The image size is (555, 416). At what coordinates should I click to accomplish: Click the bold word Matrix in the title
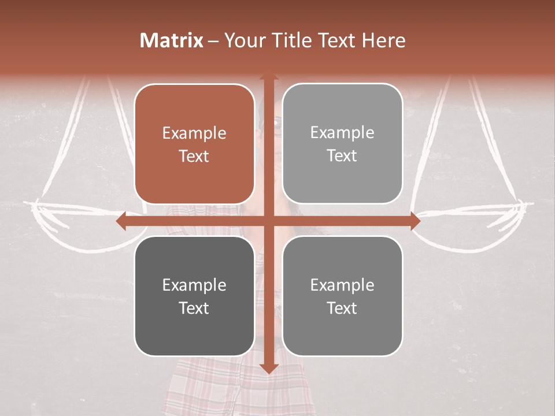(x=172, y=40)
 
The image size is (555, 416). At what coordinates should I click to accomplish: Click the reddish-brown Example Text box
(x=194, y=144)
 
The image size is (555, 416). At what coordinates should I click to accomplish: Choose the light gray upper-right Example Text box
(x=342, y=144)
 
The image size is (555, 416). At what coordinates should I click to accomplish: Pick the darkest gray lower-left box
(x=194, y=296)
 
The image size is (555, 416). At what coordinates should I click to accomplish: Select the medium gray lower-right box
(x=342, y=296)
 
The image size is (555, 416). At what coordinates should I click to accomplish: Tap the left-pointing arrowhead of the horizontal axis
(x=122, y=221)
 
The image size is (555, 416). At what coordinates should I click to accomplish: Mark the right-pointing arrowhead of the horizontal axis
(x=415, y=221)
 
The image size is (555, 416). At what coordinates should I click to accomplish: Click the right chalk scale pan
(x=474, y=222)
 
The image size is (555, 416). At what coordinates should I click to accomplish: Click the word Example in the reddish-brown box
(x=194, y=133)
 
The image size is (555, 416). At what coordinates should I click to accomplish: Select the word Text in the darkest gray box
(x=194, y=308)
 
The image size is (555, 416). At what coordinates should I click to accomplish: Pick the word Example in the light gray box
(x=342, y=132)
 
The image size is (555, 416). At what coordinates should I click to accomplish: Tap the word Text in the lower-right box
(x=342, y=308)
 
